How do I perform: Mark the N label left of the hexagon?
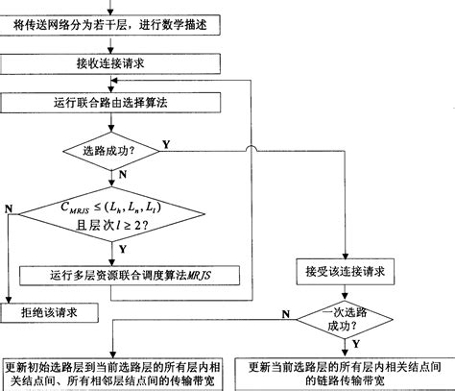pyautogui.click(x=9, y=207)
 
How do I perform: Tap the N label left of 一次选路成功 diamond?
pyautogui.click(x=285, y=313)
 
